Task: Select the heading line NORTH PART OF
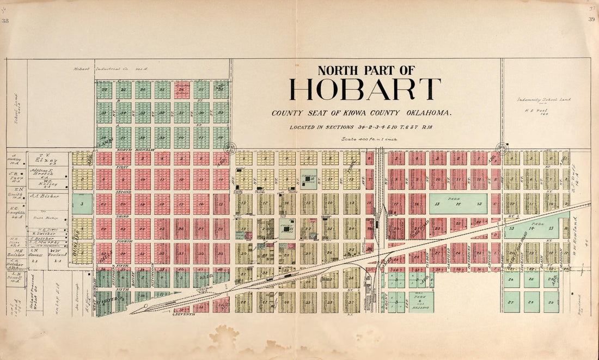pyautogui.click(x=366, y=70)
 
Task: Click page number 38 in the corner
pyautogui.click(x=5, y=21)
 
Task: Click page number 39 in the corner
pyautogui.click(x=591, y=20)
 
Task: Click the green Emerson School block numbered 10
pyautogui.click(x=309, y=179)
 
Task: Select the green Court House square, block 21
pyautogui.click(x=288, y=228)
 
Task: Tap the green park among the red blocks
pyautogui.click(x=458, y=204)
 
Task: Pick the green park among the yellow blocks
pyautogui.click(x=535, y=229)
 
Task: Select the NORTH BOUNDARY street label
pyautogui.click(x=132, y=150)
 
